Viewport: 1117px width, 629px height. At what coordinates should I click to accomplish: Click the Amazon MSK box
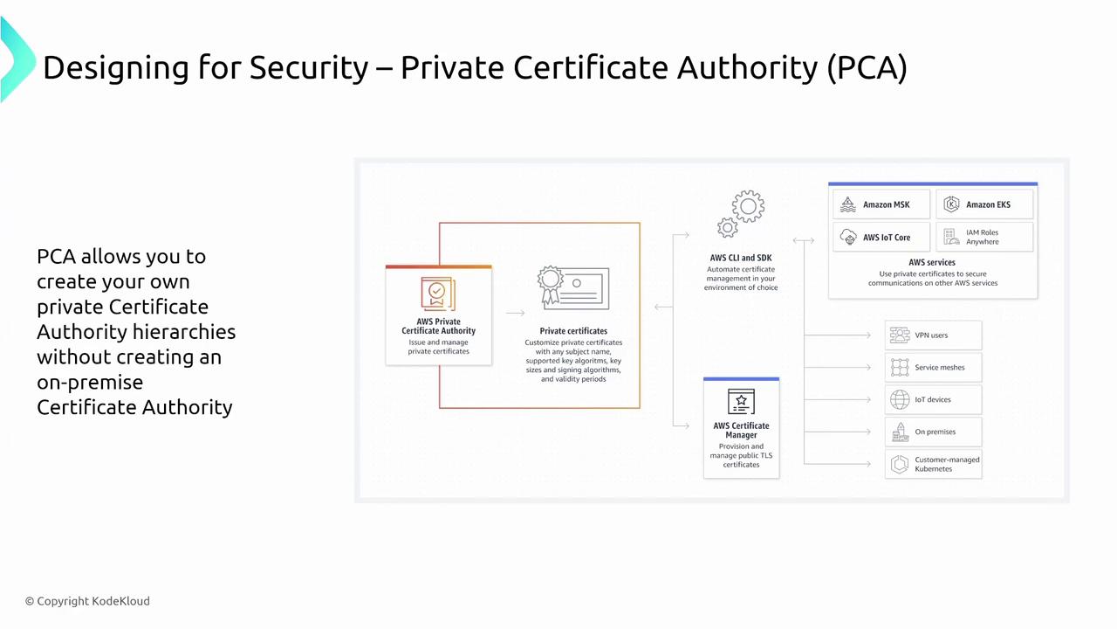(881, 204)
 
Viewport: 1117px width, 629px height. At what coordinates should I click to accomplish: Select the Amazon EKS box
(984, 204)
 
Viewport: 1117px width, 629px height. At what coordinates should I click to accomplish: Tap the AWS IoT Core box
(881, 237)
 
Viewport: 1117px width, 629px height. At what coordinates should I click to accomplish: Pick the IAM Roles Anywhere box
(984, 237)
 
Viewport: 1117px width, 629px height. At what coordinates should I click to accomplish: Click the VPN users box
(934, 335)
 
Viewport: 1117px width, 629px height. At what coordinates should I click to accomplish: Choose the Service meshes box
(934, 368)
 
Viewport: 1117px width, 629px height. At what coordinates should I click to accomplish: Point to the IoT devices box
(934, 399)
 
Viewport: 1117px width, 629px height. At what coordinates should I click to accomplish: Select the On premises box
(934, 432)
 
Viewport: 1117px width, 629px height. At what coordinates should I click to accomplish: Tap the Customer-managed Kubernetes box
(934, 464)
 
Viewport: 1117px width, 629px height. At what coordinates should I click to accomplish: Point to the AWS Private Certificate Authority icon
(438, 294)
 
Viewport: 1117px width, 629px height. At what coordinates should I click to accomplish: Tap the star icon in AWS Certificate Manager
(741, 401)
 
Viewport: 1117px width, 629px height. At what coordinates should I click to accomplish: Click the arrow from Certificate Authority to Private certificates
(515, 313)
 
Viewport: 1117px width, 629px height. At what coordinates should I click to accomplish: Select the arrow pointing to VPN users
(838, 335)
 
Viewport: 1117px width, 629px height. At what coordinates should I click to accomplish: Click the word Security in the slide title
(309, 67)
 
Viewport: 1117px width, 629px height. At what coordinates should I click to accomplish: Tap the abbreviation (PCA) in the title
(867, 67)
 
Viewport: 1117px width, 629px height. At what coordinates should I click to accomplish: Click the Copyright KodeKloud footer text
(87, 601)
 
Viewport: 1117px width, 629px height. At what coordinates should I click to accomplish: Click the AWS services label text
(932, 262)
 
